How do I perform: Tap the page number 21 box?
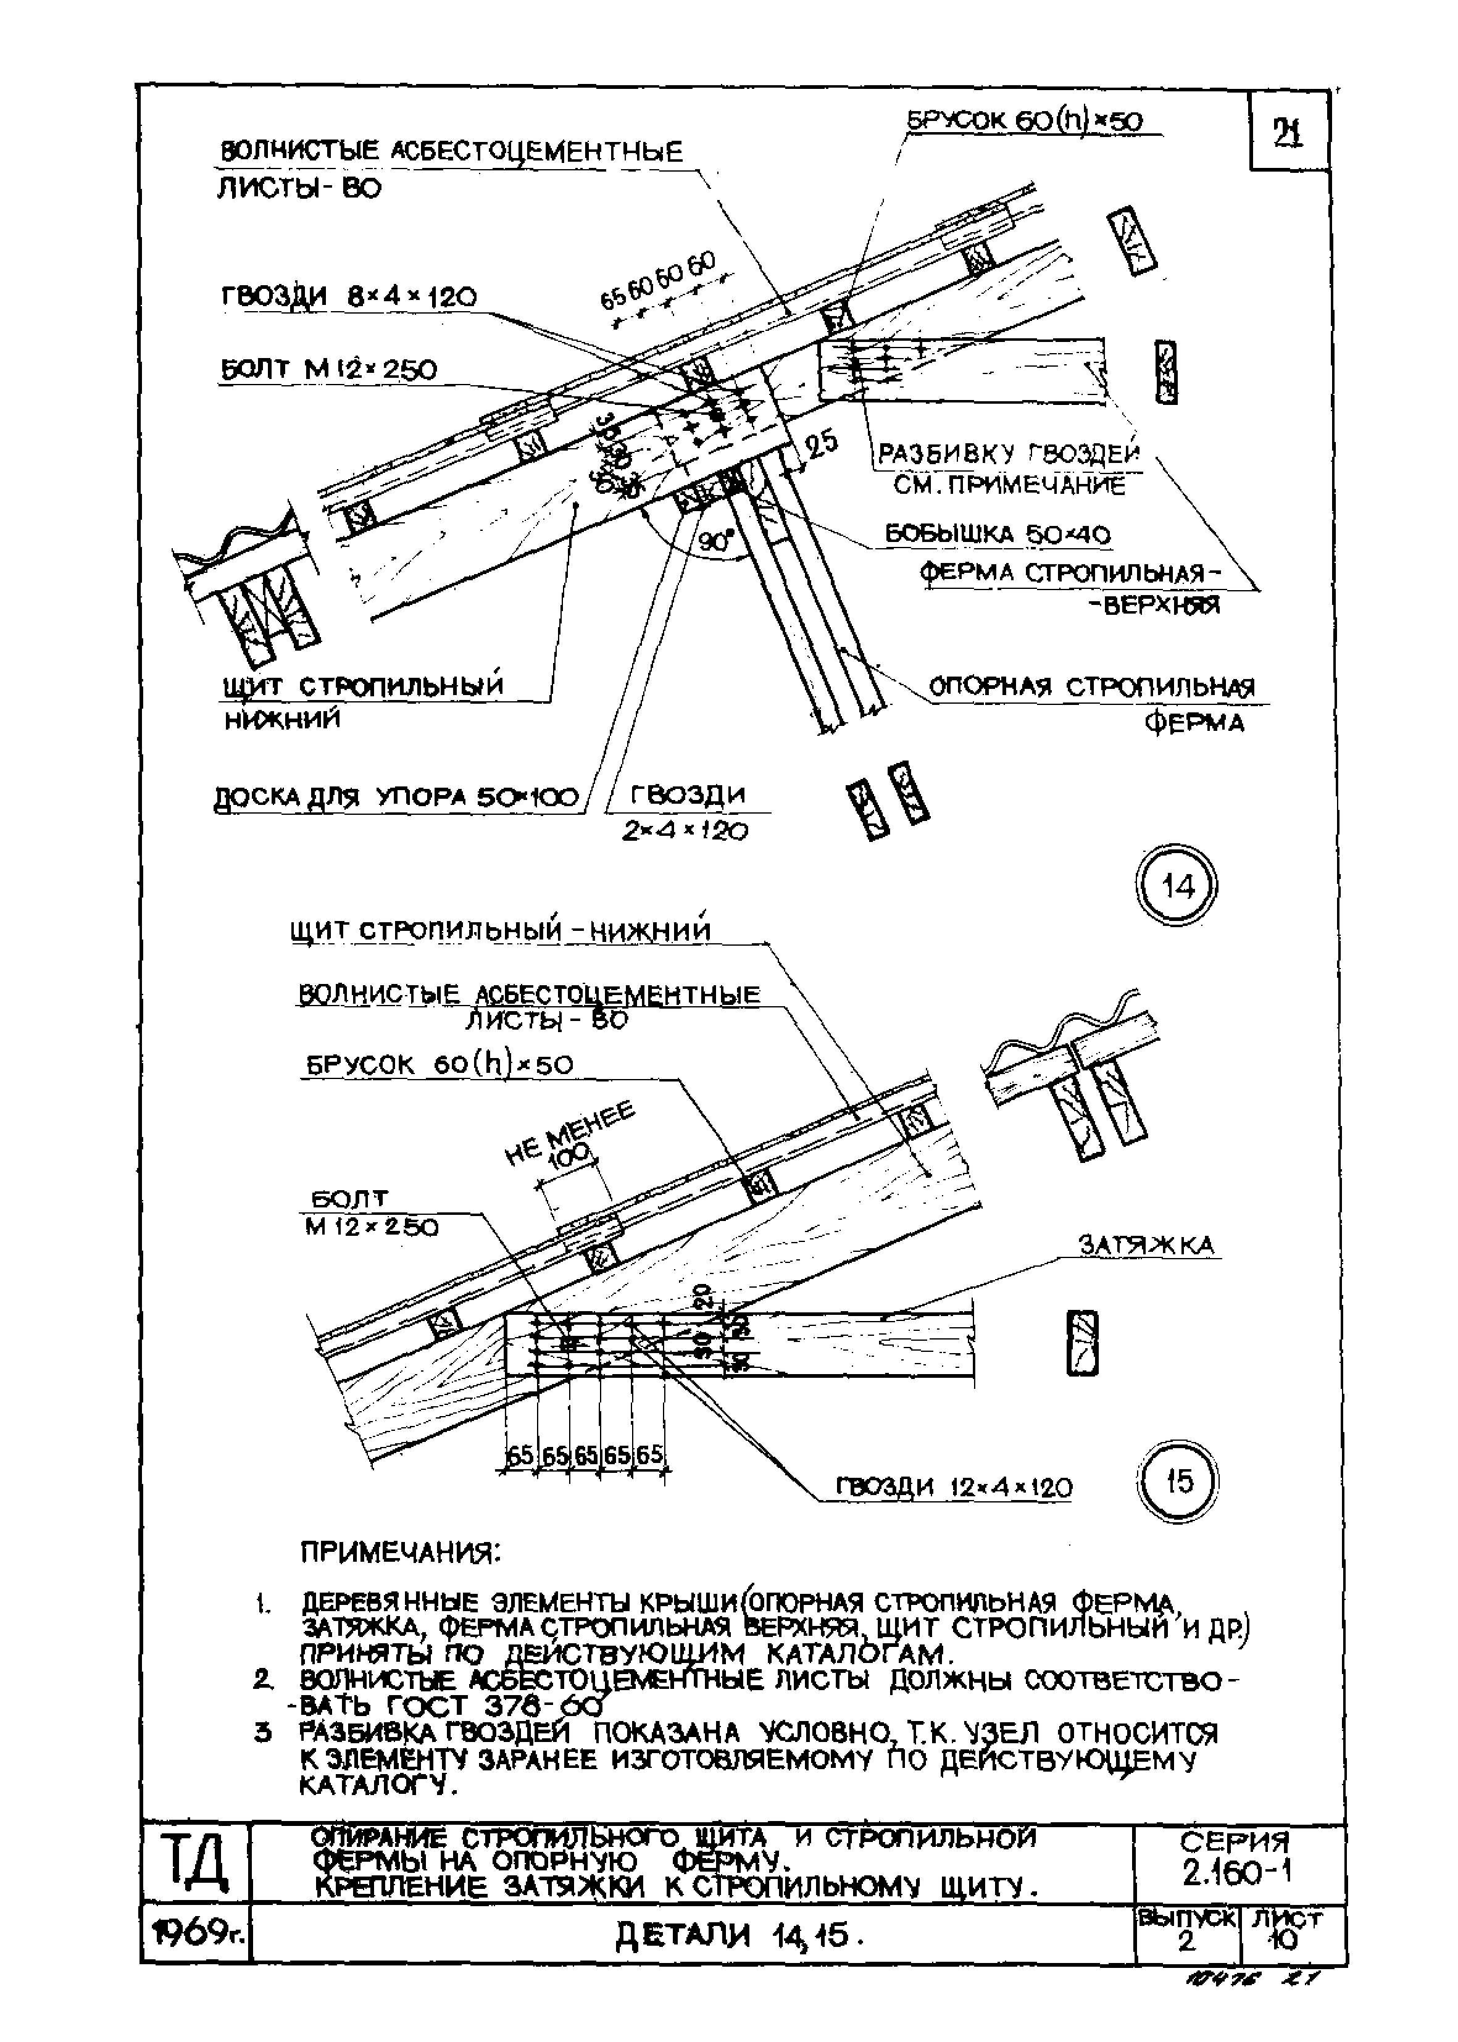[x=1288, y=133]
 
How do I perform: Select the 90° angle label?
[x=715, y=541]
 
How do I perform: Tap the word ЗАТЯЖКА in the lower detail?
[x=1146, y=1245]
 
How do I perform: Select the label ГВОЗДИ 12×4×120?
[x=954, y=1488]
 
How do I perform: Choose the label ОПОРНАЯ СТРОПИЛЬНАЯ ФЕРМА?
[x=1091, y=703]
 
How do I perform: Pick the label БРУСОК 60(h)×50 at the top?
[x=1025, y=120]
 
